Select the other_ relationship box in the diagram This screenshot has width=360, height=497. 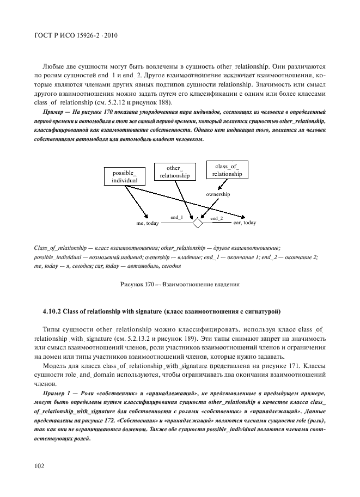coord(174,171)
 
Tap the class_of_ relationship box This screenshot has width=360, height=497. coord(227,170)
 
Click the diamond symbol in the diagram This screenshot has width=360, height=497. coord(198,223)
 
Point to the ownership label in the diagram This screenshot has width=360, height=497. coord(218,194)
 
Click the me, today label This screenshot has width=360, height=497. coord(147,223)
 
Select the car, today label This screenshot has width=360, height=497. coord(245,223)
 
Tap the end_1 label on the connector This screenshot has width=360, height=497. coord(177,218)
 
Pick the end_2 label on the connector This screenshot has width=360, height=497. coord(217,218)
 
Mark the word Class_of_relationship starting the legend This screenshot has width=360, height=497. coord(58,248)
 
